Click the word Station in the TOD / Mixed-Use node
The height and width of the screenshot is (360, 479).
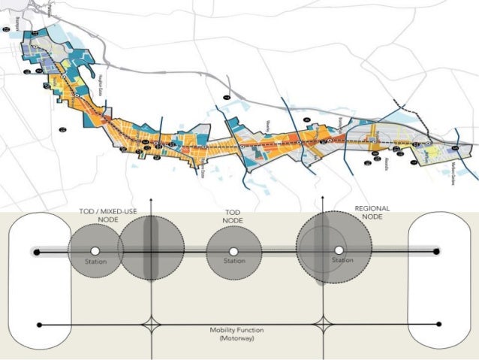click(x=95, y=262)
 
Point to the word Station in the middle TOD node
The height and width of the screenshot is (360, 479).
click(x=233, y=262)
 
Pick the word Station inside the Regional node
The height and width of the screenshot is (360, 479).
click(x=342, y=260)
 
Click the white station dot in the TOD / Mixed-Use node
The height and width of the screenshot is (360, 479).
click(x=95, y=251)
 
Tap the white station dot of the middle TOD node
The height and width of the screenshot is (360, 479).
click(x=233, y=251)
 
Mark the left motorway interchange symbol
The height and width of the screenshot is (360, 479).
click(x=152, y=325)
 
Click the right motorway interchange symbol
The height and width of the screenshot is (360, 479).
click(x=323, y=325)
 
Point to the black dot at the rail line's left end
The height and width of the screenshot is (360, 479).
click(x=36, y=251)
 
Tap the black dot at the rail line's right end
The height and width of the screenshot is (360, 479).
click(x=437, y=251)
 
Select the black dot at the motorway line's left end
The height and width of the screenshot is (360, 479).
click(x=39, y=325)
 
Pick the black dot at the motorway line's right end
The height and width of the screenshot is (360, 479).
click(x=438, y=325)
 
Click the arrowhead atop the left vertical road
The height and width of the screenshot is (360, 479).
click(x=152, y=201)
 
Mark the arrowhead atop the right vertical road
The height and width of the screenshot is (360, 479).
click(x=323, y=201)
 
